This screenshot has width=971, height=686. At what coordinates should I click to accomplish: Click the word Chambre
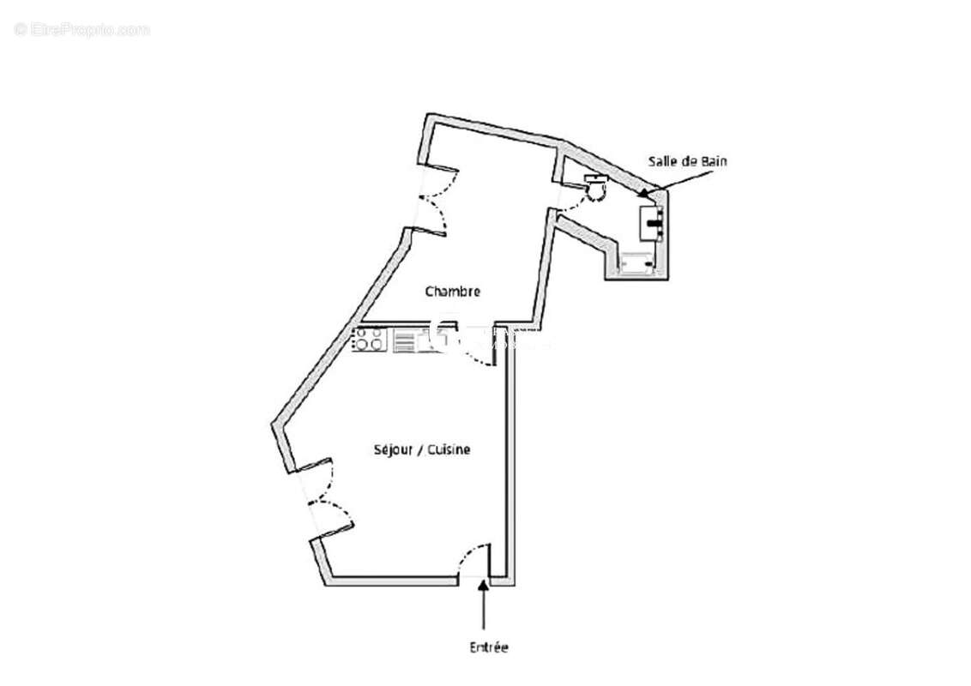click(x=452, y=292)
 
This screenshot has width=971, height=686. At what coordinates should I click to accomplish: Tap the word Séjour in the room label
click(x=391, y=449)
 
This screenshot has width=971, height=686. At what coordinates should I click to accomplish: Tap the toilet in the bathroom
click(x=596, y=184)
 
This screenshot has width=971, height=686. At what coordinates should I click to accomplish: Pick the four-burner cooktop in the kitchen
click(x=370, y=340)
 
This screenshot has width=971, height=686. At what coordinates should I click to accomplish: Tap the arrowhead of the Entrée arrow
click(x=485, y=586)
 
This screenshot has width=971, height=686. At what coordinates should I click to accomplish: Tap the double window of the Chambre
click(x=435, y=197)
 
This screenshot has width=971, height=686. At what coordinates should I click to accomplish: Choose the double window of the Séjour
click(x=320, y=497)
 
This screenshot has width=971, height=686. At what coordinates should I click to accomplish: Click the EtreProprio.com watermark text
click(x=82, y=29)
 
